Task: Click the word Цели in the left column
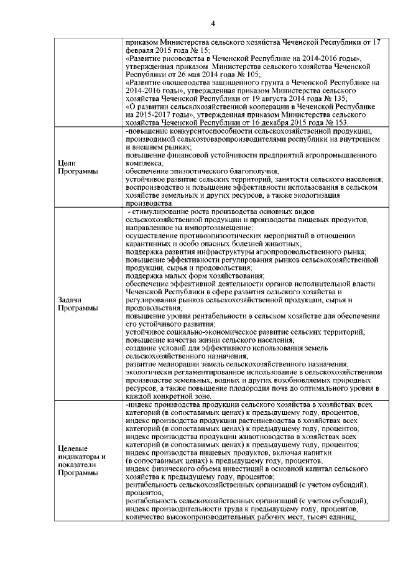[x=66, y=162]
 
